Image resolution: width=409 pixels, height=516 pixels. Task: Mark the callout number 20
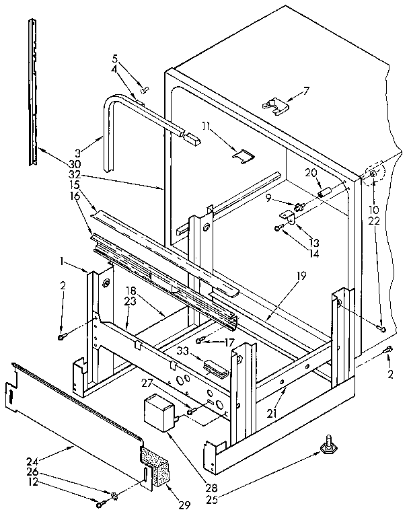311,173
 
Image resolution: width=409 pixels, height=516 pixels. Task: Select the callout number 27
163,383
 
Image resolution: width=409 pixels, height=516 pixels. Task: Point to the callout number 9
268,198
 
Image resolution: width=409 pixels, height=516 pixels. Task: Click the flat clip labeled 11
242,155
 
